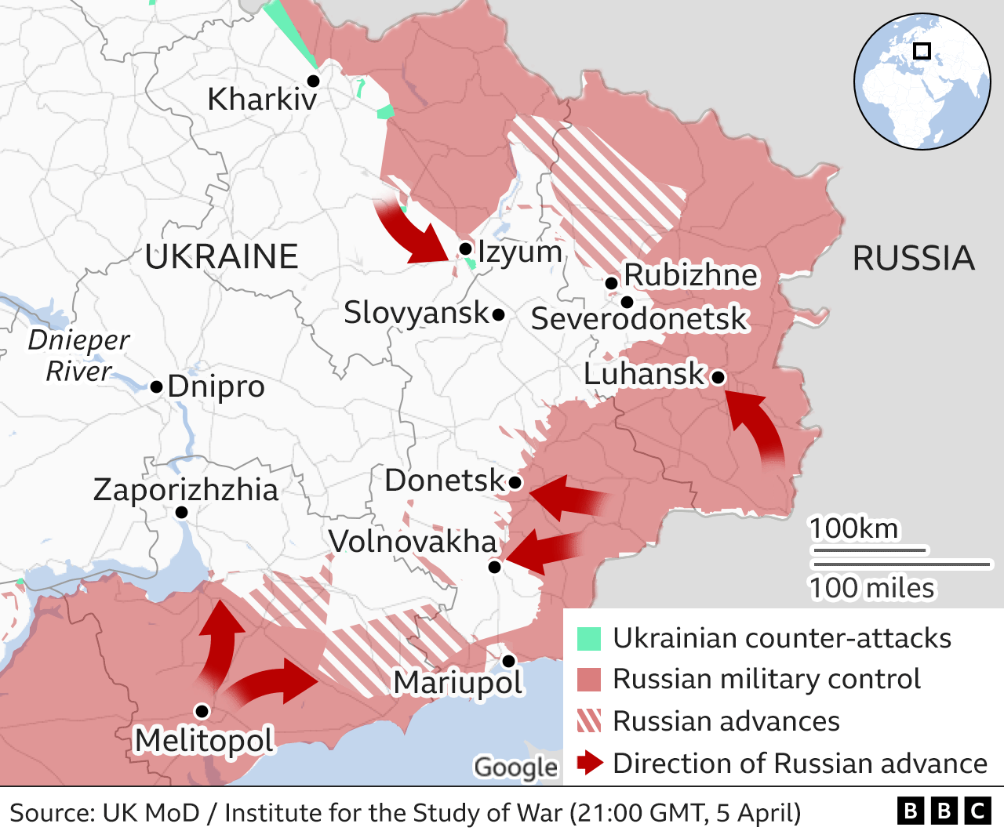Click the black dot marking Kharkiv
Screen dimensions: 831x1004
pos(313,81)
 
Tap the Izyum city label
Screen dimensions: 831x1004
pos(519,252)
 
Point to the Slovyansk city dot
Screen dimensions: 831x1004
pos(498,314)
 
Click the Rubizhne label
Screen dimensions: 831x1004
pos(691,275)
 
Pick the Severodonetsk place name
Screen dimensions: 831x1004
pos(639,319)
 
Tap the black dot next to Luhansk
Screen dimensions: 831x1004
pos(718,378)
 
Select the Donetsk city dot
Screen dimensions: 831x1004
pos(515,482)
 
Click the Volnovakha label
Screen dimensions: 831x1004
pos(413,542)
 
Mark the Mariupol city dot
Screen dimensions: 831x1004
pos(508,661)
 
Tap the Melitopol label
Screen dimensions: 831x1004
pos(204,740)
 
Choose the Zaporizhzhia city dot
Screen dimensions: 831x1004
pos(181,513)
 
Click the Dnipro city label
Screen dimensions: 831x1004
pos(216,386)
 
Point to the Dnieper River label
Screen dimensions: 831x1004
pos(78,355)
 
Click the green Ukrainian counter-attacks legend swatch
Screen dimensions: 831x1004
pos(589,639)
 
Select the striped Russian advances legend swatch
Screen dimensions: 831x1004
pos(589,720)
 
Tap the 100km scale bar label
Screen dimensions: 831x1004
pos(853,529)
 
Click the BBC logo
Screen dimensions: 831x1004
pos(944,811)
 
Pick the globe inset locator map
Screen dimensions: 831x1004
pos(922,82)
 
